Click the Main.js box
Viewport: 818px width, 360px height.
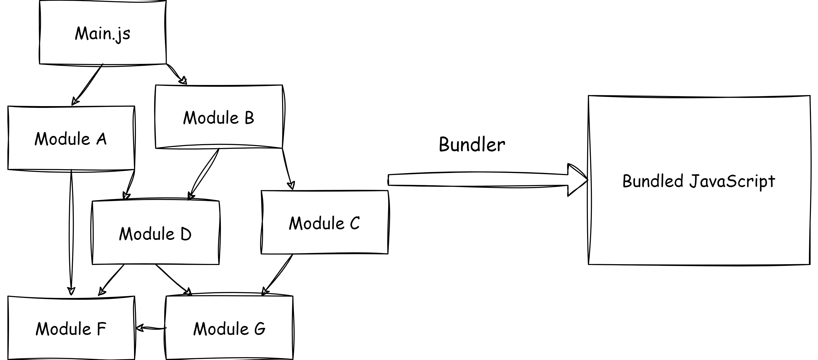[103, 33]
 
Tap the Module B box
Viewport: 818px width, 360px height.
[219, 117]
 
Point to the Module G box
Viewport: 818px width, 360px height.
[229, 328]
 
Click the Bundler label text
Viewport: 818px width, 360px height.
[472, 145]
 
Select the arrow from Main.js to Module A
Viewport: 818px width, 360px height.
[88, 84]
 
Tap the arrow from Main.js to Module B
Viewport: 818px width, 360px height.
[175, 74]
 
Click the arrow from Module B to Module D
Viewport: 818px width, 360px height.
[204, 174]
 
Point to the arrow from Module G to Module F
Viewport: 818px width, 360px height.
[151, 328]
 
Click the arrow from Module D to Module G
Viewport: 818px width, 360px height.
[173, 280]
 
